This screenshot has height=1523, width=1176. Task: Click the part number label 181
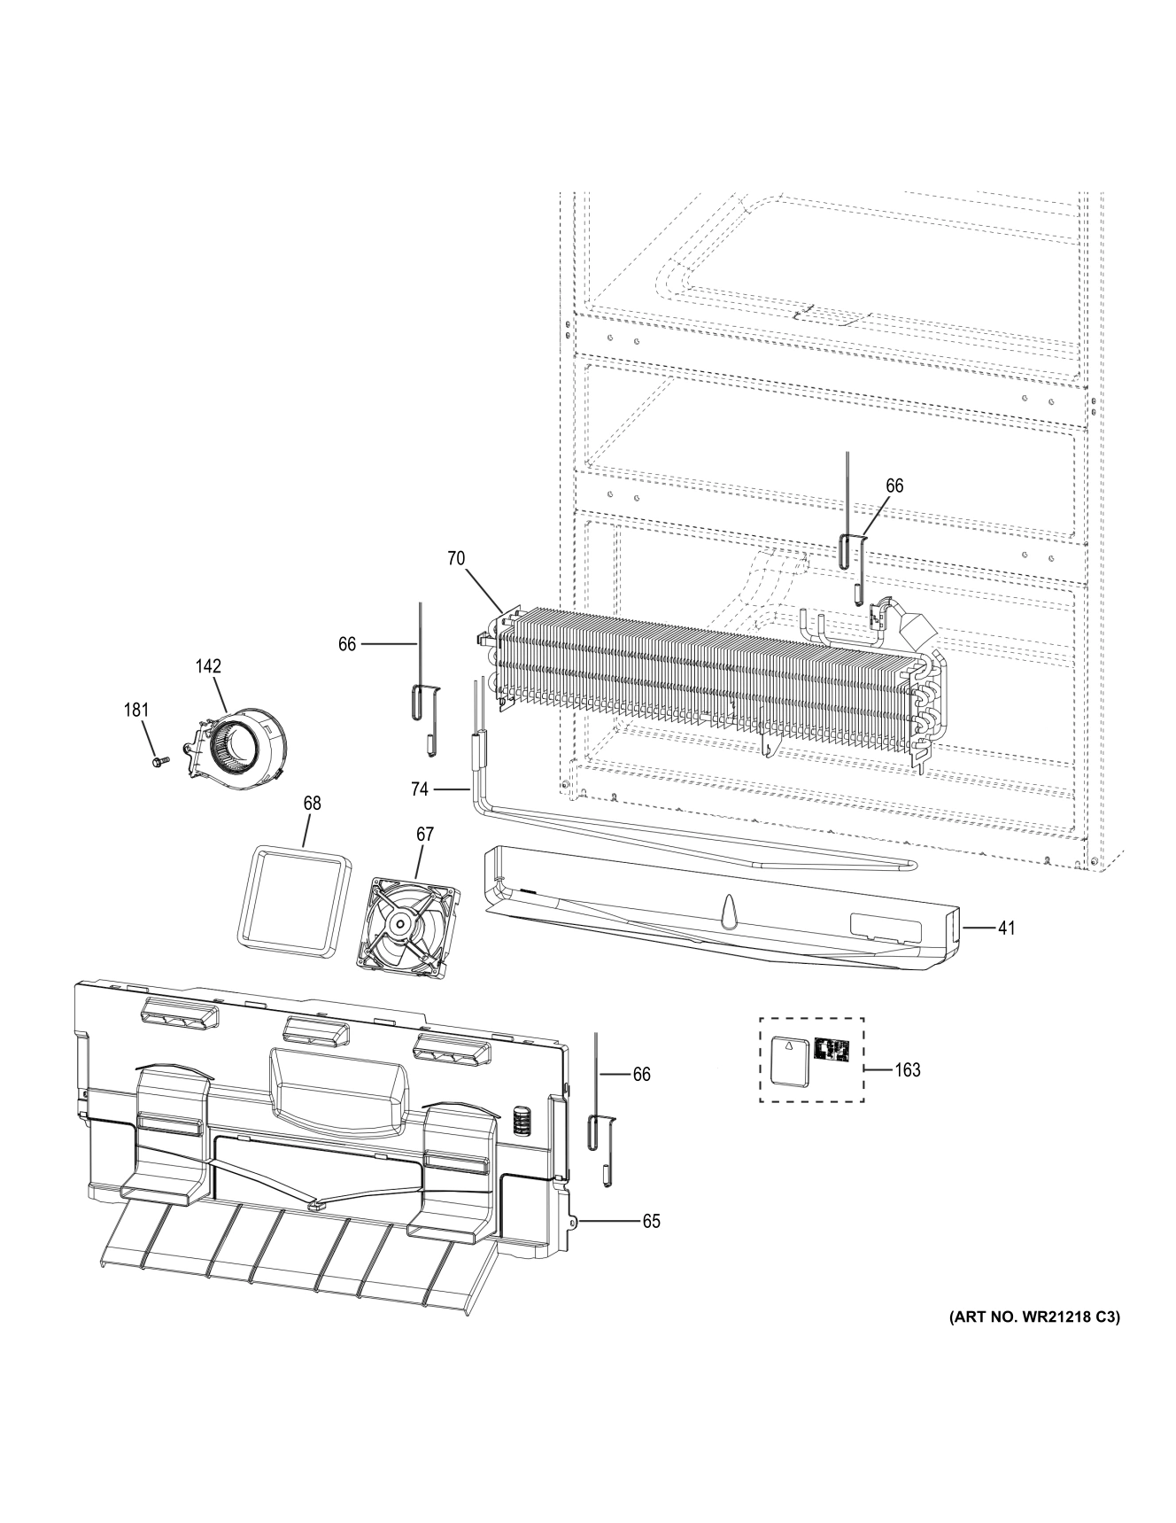tap(135, 710)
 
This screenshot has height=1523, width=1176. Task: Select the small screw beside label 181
tap(160, 760)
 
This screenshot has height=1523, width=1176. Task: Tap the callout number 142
tap(209, 666)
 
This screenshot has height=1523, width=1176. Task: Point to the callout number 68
tap(312, 803)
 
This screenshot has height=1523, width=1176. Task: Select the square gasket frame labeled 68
tap(291, 901)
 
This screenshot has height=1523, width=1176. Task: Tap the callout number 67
tap(425, 834)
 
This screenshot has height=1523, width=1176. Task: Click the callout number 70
tap(455, 558)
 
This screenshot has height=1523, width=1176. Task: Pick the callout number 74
tap(420, 787)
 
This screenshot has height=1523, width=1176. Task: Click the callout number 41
tap(1006, 928)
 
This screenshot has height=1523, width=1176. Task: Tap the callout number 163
tap(908, 1070)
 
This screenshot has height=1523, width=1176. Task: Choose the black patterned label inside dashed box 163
tap(832, 1051)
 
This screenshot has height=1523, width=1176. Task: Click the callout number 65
tap(651, 1221)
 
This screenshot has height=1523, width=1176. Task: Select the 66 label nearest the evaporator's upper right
tap(894, 486)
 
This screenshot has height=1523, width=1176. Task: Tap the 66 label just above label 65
tap(641, 1074)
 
